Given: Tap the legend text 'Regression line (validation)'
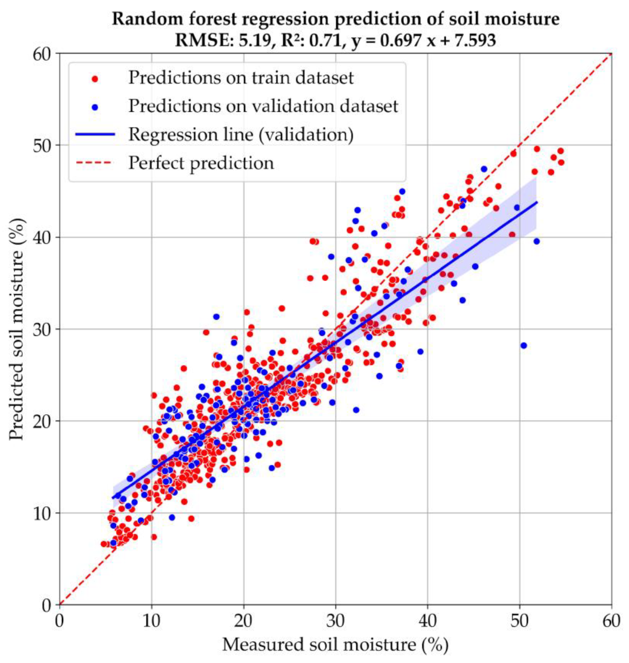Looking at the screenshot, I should coord(241,135).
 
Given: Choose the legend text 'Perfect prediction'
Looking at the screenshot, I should coord(201,163).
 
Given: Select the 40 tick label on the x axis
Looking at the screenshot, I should coord(428,621).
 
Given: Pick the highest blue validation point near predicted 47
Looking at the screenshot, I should coord(484,169).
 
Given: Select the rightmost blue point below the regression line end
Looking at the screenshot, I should coord(537,241).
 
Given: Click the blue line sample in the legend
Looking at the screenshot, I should coord(95,134).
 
